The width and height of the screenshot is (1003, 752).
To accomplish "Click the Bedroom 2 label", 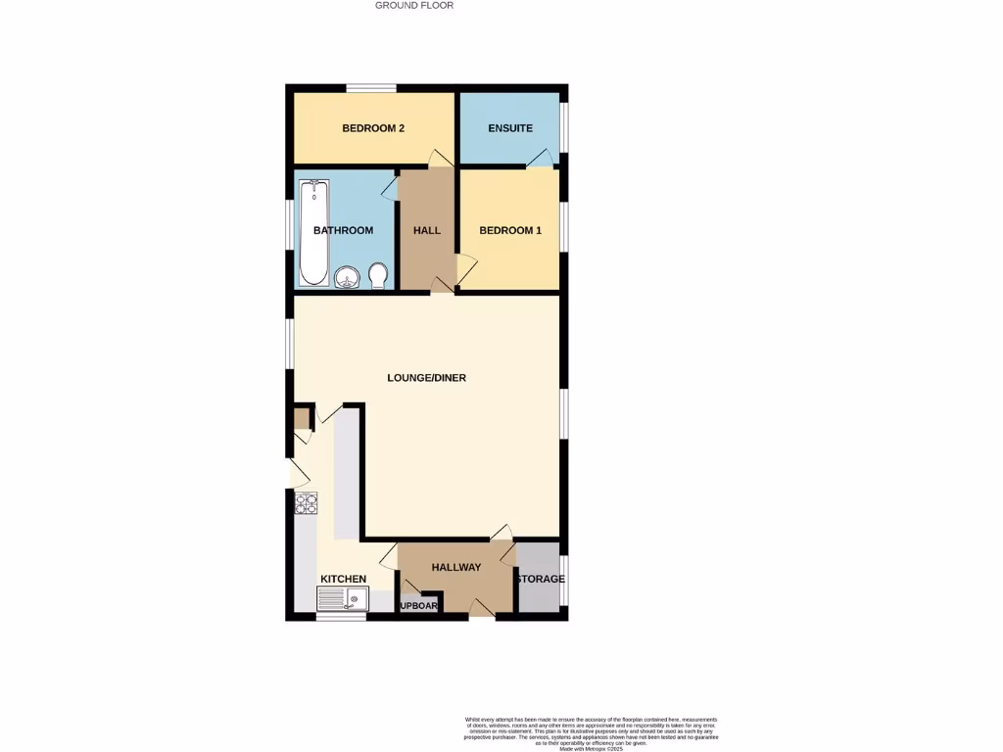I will [373, 128].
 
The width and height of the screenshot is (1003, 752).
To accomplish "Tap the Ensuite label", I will [510, 128].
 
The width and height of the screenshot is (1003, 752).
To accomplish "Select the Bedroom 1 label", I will [510, 230].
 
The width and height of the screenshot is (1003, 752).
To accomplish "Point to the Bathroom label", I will [343, 230].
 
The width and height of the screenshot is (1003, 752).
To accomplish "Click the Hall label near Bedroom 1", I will [427, 230].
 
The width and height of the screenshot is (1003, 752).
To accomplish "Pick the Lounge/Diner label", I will [426, 378].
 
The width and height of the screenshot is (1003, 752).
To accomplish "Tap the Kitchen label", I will [343, 579].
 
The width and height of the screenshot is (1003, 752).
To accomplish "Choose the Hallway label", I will [456, 568].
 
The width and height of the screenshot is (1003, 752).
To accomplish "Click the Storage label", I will [541, 579].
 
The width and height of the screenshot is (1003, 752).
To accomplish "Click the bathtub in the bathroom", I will [313, 232].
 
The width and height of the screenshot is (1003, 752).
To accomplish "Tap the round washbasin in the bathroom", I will [347, 278].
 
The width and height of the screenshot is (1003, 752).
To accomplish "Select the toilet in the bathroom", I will [379, 276].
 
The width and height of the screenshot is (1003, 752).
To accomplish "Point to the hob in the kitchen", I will [307, 503].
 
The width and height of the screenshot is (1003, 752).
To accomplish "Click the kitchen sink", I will [342, 598].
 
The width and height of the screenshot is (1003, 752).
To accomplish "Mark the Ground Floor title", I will [414, 6].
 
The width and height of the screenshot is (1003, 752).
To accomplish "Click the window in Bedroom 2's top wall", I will [371, 88].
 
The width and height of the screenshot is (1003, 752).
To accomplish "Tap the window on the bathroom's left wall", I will [290, 232].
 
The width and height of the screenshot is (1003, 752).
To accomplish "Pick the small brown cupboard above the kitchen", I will [302, 419].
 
